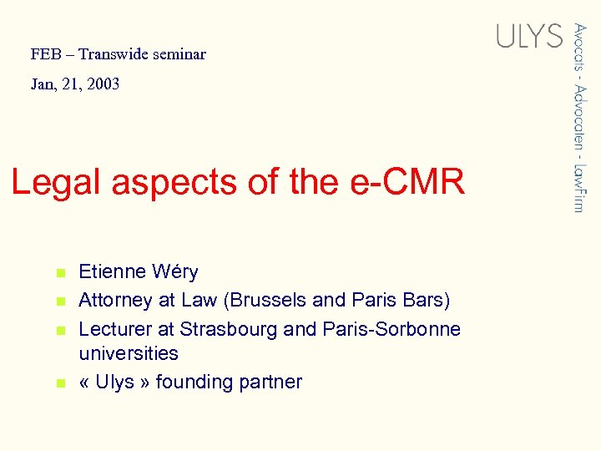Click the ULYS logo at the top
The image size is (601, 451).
pyautogui.click(x=529, y=35)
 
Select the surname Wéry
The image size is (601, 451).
pyautogui.click(x=175, y=271)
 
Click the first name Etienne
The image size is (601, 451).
pyautogui.click(x=112, y=271)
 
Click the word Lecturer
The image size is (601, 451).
pyautogui.click(x=115, y=329)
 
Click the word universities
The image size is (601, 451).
pyautogui.click(x=128, y=353)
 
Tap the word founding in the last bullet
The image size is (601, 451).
pyautogui.click(x=195, y=383)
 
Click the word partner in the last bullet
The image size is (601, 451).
pyautogui.click(x=271, y=383)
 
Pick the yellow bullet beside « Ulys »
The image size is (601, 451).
pyautogui.click(x=59, y=383)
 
